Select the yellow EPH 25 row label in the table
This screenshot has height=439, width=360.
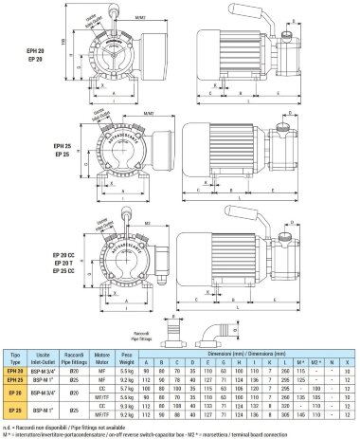click(15, 377)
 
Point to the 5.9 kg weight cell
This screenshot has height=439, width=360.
click(128, 369)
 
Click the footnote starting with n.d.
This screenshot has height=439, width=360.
click(57, 424)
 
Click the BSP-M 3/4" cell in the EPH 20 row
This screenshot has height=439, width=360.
click(45, 369)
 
